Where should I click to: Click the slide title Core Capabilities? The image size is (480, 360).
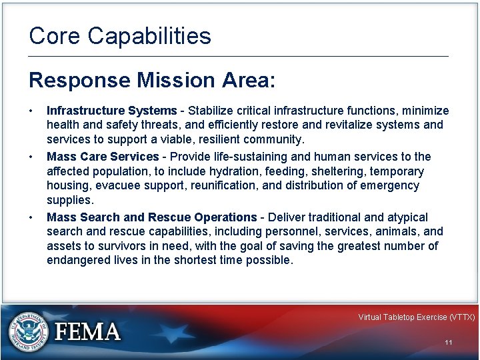120,36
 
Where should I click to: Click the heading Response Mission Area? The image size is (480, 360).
151,80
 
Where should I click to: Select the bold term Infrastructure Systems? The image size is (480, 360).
111,110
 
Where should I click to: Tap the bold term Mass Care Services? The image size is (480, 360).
103,157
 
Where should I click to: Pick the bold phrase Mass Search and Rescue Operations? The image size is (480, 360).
151,217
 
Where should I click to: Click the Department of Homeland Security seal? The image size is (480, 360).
28,331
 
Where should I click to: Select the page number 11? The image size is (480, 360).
448,343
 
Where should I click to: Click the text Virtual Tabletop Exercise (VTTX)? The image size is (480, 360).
416,317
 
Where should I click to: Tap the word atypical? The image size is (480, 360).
407,217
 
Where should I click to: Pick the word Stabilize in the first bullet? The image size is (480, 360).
211,110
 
